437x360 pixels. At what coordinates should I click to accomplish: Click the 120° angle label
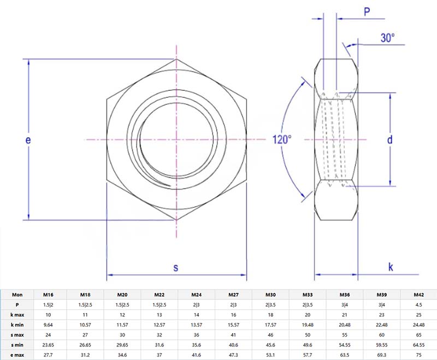coord(282,139)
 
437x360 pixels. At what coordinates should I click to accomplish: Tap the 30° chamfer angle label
coord(387,38)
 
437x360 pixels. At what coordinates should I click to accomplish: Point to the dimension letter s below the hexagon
coord(176,267)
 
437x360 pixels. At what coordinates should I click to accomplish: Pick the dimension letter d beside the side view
coord(390,140)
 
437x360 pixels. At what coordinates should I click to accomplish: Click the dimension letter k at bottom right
coord(391,267)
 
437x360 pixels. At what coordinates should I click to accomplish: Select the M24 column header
coord(197,294)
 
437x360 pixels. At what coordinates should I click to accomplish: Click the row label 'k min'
coord(17,324)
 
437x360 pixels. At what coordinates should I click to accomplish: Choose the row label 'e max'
coord(17,355)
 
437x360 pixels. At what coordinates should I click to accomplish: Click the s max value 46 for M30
coord(270,334)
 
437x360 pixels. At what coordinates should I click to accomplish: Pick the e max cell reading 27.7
coord(48,355)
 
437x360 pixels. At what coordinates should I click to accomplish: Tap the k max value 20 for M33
coord(307,315)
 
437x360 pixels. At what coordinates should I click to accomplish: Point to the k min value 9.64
coord(48,324)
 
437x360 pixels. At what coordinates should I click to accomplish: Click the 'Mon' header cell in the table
coord(17,294)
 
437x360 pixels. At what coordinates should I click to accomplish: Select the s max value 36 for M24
coord(197,334)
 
